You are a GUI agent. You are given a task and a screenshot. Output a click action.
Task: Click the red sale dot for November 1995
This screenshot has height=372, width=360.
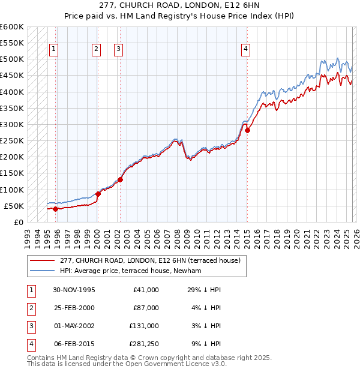pos(55,209)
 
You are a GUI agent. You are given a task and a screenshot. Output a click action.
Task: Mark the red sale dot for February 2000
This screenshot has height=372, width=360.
pos(98,194)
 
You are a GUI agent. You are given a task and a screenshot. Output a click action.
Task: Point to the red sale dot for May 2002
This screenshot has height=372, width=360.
pos(120,179)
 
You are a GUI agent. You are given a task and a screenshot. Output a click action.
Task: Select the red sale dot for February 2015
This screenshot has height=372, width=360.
pos(247,130)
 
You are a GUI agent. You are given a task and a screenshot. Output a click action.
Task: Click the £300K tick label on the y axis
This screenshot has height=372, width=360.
pos(11,125)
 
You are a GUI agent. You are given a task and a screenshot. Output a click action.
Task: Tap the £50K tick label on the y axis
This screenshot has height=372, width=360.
pos(14,206)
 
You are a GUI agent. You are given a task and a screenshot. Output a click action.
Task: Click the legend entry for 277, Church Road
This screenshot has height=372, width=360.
pos(150,260)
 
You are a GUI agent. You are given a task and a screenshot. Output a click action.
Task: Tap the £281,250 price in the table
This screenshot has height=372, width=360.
pos(145,344)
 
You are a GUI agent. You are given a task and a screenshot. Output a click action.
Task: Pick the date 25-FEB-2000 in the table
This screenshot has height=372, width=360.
pos(74,308)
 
